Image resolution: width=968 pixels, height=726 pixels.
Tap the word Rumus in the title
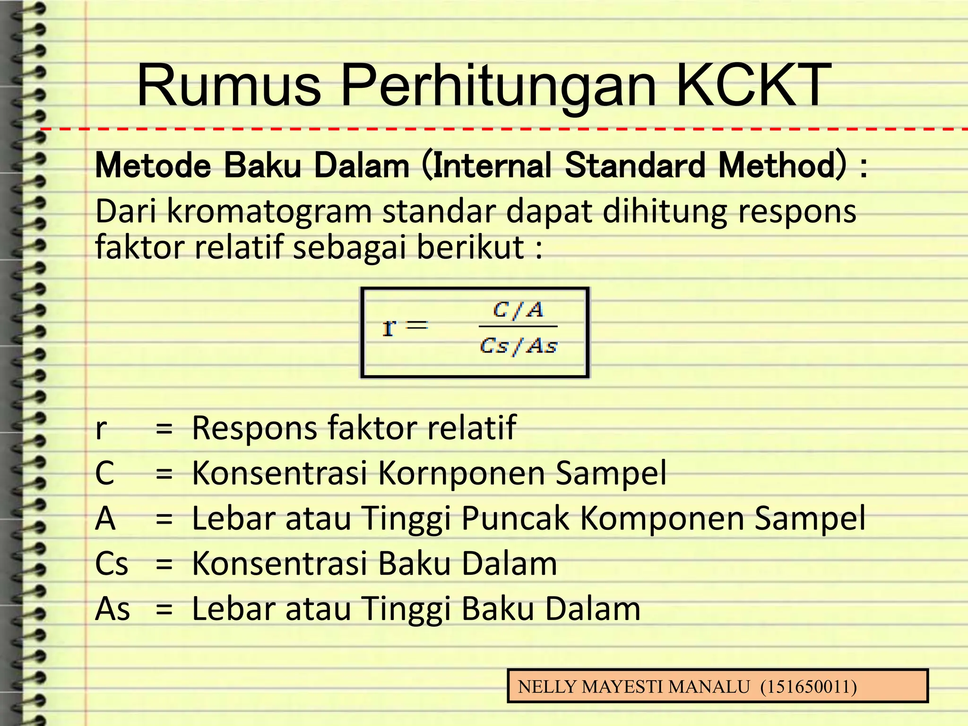point(229,86)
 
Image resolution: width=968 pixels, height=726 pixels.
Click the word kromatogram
point(269,211)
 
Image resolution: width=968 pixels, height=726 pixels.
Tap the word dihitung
point(664,211)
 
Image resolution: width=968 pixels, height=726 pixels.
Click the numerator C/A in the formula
point(518,310)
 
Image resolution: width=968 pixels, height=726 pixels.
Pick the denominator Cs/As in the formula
point(519,346)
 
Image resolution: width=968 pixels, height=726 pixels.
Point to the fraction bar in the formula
point(518,327)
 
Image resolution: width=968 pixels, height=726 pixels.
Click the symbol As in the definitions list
point(112,609)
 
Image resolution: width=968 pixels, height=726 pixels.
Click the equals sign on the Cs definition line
point(164,564)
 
